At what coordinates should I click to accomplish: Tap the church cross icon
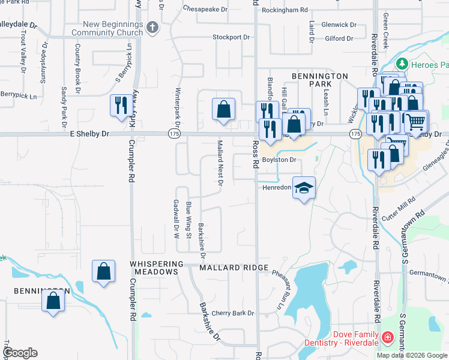coord(153,28)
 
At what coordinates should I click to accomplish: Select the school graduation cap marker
coord(304,188)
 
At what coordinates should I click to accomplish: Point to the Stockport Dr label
coord(231,37)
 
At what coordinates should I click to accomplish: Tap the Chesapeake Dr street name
coord(206,10)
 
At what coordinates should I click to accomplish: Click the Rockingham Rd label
coord(285,10)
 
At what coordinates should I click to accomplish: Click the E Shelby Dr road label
coord(89,134)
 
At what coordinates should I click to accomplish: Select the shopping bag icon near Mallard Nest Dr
coord(223,109)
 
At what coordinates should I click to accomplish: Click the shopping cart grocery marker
coord(415,122)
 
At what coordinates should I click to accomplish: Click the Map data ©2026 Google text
coord(412,355)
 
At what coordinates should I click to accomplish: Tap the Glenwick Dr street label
coord(339,25)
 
